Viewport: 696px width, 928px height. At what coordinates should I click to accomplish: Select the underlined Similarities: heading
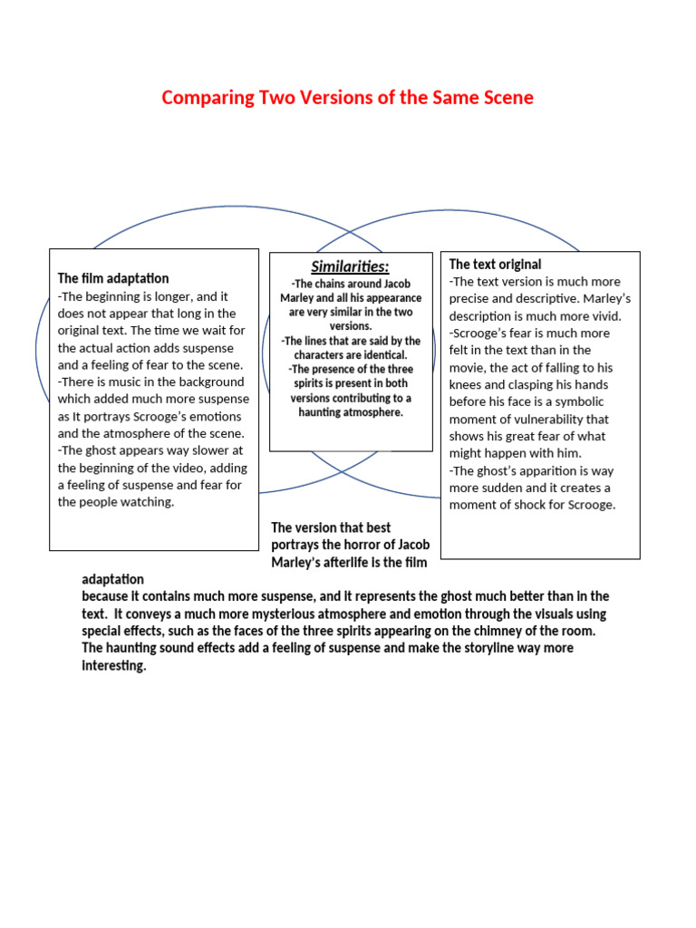tap(351, 266)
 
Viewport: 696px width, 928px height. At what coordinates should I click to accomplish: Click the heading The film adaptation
tap(113, 278)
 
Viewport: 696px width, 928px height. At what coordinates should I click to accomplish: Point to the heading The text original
tap(496, 265)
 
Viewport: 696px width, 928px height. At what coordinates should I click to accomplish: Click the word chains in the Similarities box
tap(330, 284)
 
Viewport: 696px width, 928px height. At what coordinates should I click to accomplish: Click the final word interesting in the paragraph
tap(114, 666)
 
